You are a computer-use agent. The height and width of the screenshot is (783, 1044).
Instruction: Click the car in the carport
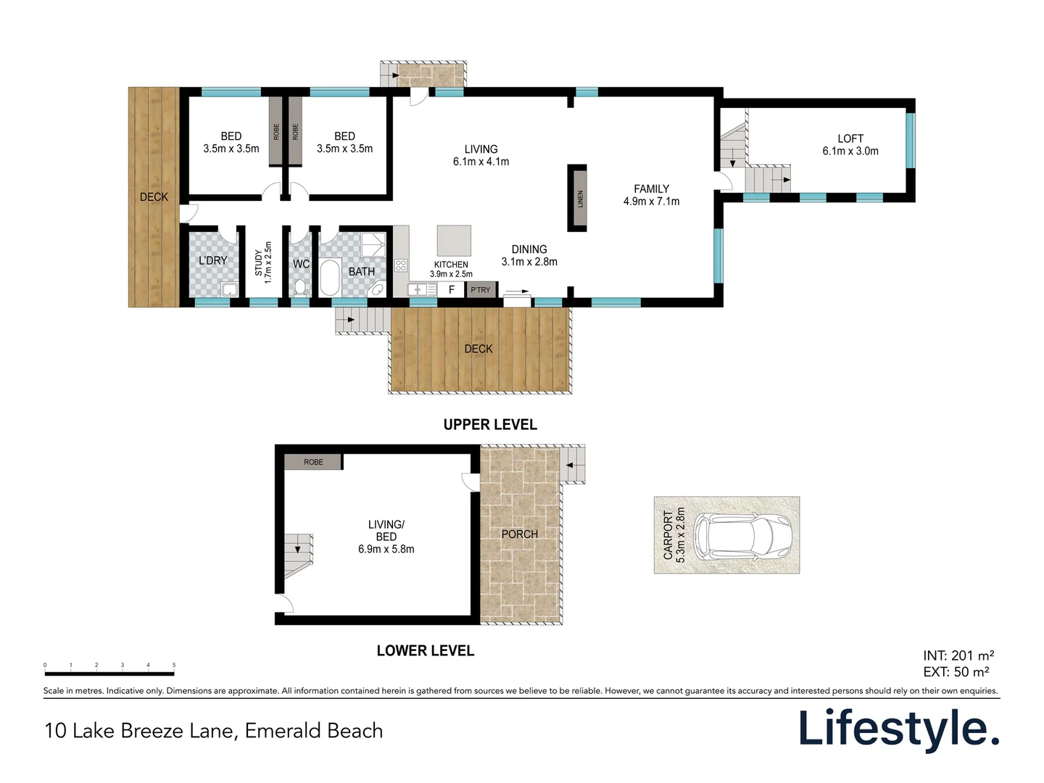tap(742, 536)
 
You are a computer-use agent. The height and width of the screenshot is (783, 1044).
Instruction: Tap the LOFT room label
tap(850, 138)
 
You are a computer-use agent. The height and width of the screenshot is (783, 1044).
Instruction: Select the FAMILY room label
tap(651, 188)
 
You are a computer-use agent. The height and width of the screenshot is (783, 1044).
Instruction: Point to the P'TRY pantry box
tap(481, 289)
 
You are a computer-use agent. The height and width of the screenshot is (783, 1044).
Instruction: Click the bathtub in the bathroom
tap(330, 278)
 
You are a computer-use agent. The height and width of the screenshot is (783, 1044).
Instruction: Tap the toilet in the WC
tap(299, 287)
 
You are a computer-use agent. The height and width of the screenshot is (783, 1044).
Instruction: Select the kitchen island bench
tap(454, 240)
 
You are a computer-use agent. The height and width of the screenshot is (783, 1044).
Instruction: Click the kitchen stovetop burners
tap(400, 265)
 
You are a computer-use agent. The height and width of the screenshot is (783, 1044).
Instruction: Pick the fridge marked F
tap(452, 289)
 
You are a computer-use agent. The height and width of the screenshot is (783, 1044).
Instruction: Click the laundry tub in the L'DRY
tap(229, 289)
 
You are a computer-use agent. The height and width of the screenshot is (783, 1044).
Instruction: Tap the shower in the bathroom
tap(373, 244)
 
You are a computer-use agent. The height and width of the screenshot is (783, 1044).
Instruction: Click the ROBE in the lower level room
tap(313, 462)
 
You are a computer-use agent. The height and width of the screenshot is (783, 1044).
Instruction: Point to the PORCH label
tap(519, 534)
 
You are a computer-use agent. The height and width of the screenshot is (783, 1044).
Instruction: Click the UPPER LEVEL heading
tap(490, 425)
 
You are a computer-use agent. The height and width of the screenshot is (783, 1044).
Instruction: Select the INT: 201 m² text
tap(958, 655)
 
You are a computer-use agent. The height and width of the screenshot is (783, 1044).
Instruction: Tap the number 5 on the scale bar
tap(174, 665)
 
